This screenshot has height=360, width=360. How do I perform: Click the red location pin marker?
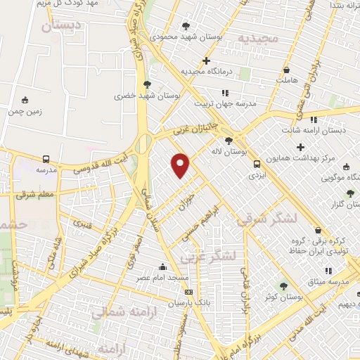tap(181, 165)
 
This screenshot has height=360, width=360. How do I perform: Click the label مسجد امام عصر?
tap(163, 278)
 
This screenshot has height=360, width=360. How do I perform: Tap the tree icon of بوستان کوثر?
tap(283, 286)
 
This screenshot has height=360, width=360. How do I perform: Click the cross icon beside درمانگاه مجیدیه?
tap(206, 61)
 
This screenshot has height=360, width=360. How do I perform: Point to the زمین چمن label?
tap(25, 111)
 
